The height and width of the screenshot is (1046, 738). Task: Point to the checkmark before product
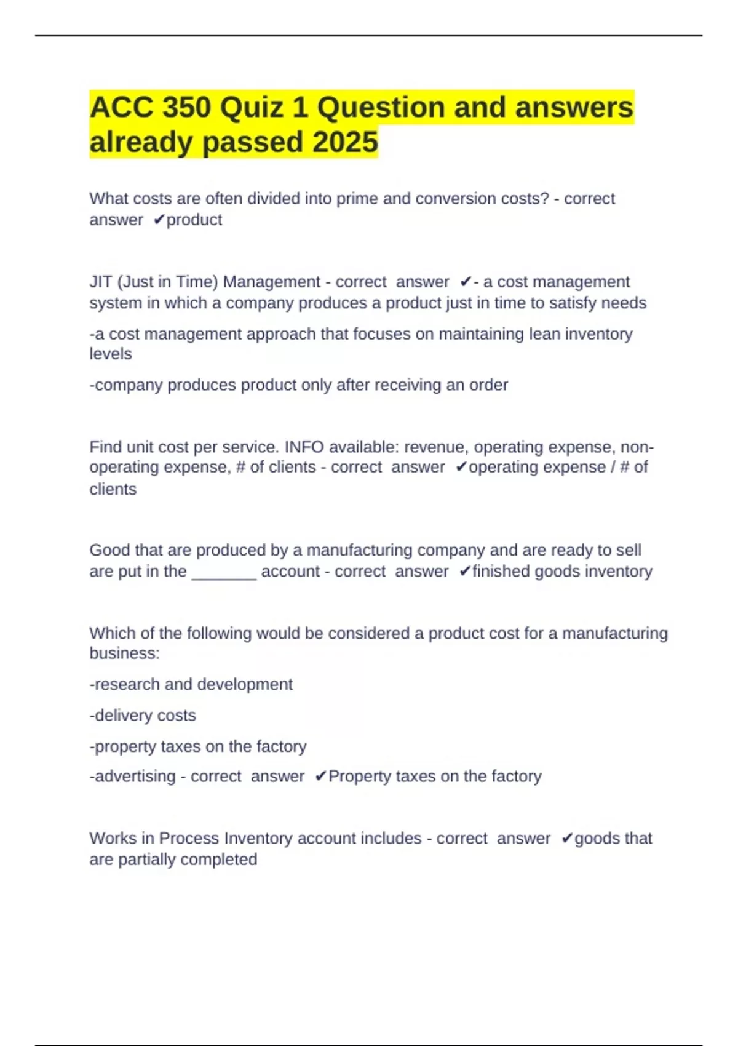pyautogui.click(x=159, y=220)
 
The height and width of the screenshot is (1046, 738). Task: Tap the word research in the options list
pyautogui.click(x=127, y=684)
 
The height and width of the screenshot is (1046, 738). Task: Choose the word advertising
pyautogui.click(x=135, y=777)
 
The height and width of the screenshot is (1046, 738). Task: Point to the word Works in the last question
pyautogui.click(x=111, y=839)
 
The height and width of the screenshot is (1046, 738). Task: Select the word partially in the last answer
pyautogui.click(x=147, y=860)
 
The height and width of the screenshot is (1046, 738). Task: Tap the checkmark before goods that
pyautogui.click(x=567, y=839)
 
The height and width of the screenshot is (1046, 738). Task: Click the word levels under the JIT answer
pyautogui.click(x=111, y=354)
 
